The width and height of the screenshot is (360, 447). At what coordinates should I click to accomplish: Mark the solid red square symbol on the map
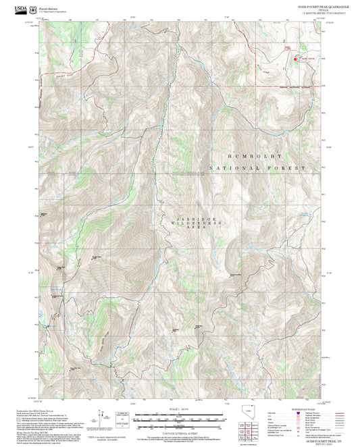[294, 59]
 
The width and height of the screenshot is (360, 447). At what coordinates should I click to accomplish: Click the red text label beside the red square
[307, 59]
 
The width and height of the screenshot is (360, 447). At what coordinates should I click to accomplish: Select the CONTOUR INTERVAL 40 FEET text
[180, 432]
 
